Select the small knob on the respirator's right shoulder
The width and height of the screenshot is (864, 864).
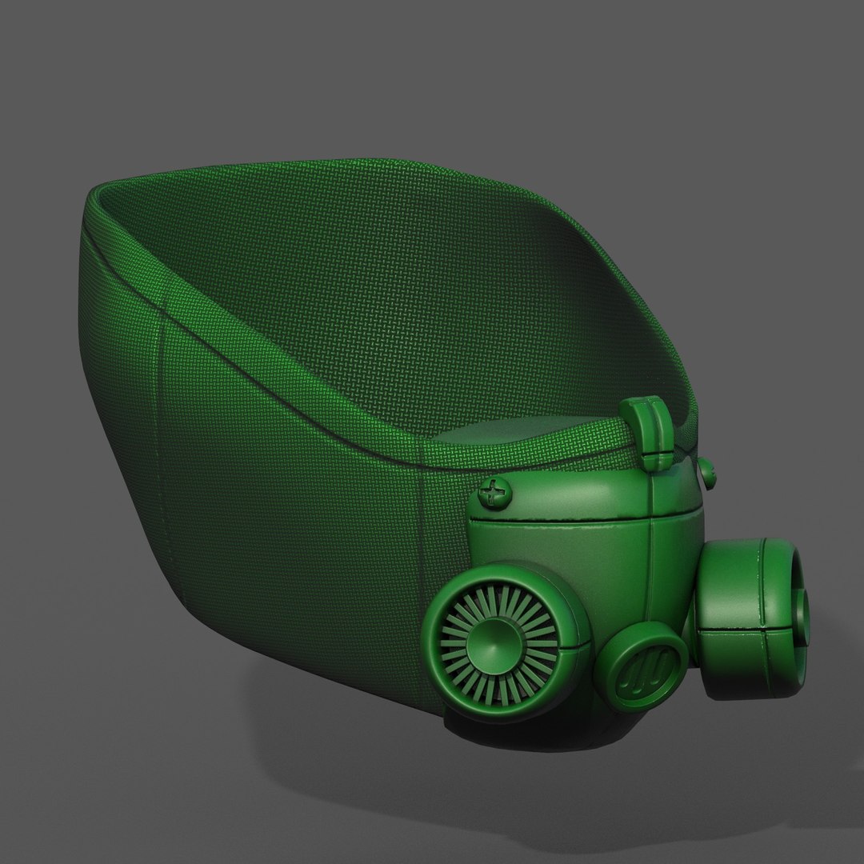tap(707, 472)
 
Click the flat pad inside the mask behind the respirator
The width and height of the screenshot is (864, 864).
tap(520, 440)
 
